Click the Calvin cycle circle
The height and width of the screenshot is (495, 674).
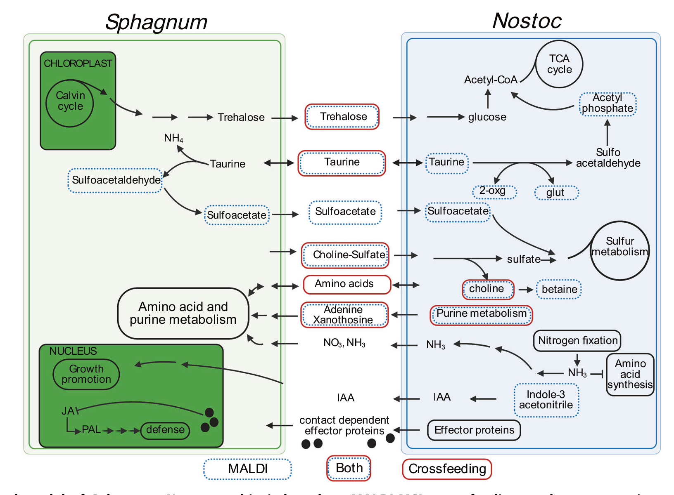pos(70,103)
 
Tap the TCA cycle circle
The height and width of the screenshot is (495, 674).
pos(559,64)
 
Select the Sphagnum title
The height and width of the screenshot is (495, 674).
pos(156,22)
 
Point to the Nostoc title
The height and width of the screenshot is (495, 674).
pos(527,21)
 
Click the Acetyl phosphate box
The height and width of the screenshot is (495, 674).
pos(608,104)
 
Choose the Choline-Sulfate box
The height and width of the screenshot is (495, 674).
pos(345,255)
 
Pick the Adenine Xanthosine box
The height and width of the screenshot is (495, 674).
pos(344,315)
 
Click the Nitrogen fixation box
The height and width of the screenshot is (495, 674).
pos(577,341)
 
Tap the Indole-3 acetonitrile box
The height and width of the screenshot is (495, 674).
pos(546,400)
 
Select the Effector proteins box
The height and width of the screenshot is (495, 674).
pos(474,430)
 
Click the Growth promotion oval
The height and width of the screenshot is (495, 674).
pos(86,374)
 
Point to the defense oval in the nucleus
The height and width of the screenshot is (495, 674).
pos(165,430)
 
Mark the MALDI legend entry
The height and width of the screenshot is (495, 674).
pos(247,469)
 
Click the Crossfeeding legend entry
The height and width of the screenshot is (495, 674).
pos(447,469)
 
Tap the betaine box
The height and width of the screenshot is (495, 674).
pos(559,289)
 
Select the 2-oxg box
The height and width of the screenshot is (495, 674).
pos(494,192)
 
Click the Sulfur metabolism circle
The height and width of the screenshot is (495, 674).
pos(619,250)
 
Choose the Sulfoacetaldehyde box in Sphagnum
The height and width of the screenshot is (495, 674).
pos(116,180)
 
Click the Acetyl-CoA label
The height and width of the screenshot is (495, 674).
pos(491,80)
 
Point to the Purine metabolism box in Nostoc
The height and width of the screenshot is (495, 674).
pos(481,315)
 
